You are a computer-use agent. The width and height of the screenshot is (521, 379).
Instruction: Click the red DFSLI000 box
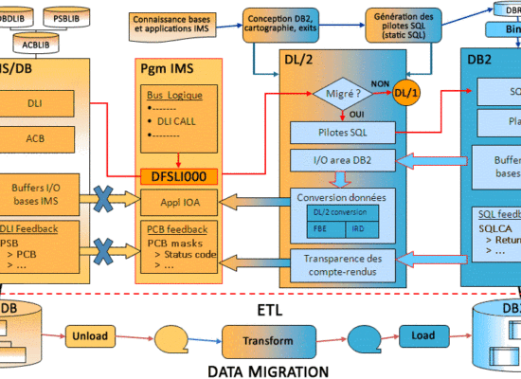[178, 175]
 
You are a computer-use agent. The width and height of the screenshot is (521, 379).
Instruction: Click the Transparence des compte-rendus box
[348, 264]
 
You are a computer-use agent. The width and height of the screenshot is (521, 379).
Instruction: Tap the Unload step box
[91, 335]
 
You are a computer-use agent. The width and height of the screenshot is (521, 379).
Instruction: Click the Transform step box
[267, 339]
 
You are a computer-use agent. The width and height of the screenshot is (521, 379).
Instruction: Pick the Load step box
[422, 335]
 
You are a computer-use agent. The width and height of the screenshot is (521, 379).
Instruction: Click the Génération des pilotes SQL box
[404, 24]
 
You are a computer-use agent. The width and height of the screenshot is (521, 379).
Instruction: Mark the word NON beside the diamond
[380, 81]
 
